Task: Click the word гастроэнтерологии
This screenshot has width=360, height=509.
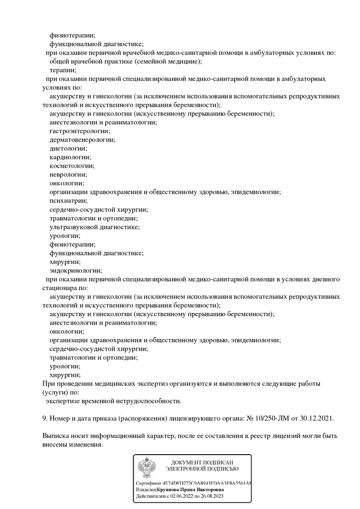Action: tap(79, 131)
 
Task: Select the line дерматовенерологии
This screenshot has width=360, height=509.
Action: tap(82, 140)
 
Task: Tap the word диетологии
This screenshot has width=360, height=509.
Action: tap(68, 148)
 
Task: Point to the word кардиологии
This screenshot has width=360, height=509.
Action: tap(70, 157)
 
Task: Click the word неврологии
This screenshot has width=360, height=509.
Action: tap(68, 174)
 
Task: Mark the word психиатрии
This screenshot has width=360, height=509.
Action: tap(68, 201)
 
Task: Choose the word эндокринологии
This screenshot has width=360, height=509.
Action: tap(76, 271)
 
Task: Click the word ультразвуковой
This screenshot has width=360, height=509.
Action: tap(73, 227)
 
